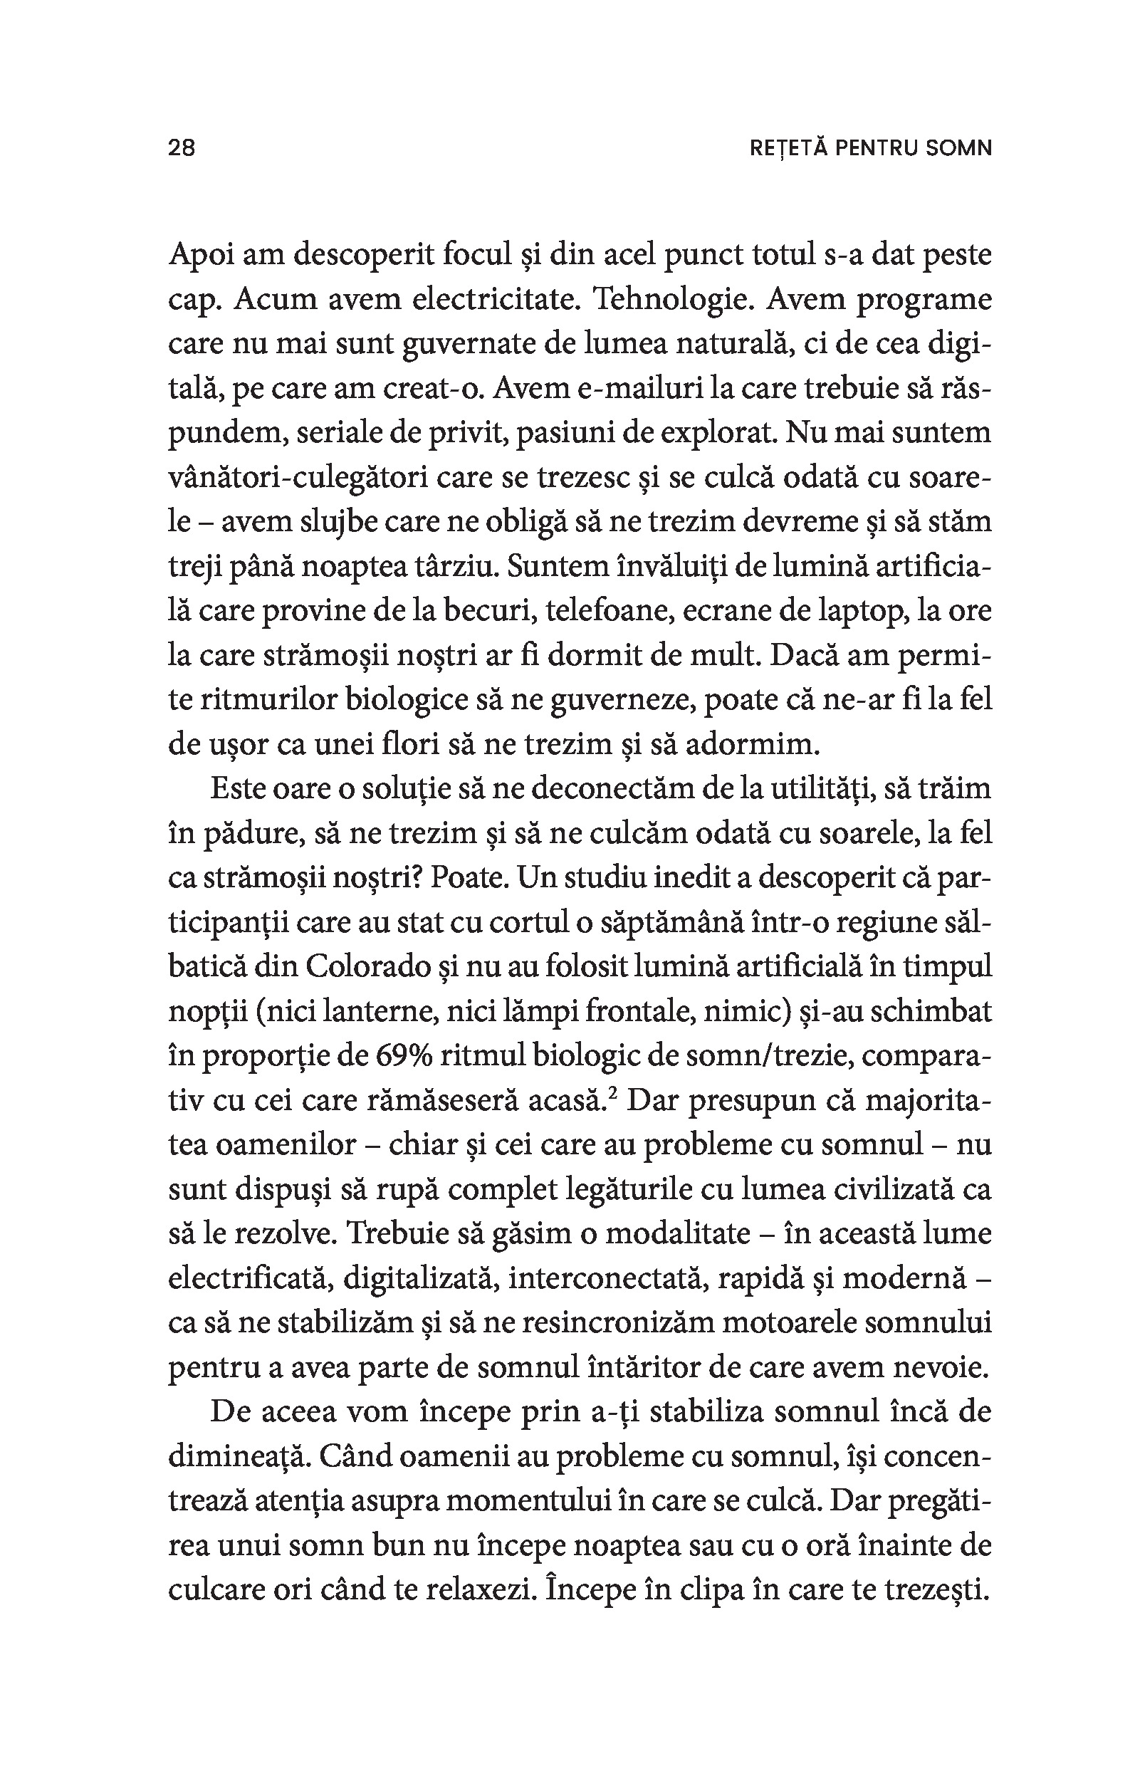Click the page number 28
tap(182, 148)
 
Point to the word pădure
tap(249, 835)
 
